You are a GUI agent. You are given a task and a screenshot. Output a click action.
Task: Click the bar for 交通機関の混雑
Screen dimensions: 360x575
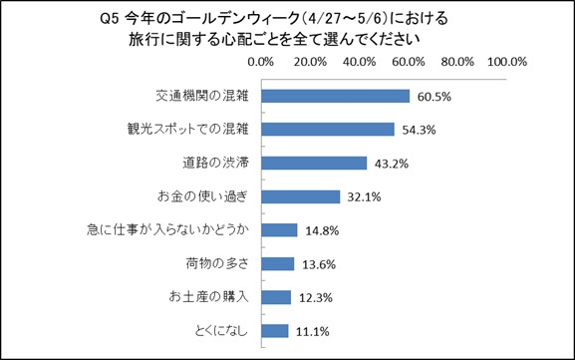pos(336,97)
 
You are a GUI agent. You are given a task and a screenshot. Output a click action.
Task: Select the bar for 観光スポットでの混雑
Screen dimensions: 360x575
pos(328,130)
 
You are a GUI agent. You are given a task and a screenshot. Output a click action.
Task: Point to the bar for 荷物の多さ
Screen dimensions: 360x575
pos(278,264)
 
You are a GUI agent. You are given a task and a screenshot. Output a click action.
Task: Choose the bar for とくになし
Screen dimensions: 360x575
pos(275,331)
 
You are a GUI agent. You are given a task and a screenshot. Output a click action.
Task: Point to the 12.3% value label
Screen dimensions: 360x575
pos(312,298)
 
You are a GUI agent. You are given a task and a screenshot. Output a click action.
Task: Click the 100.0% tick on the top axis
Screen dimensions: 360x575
pos(506,62)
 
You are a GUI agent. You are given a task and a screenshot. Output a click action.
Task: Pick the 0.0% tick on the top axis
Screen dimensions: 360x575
pos(261,62)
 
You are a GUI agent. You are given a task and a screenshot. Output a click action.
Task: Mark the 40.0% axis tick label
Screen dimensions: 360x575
pos(359,62)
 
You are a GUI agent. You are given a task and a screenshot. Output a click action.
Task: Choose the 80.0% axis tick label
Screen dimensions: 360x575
pos(457,62)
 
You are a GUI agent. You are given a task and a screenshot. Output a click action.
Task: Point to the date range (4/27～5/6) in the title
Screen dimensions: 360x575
pos(355,19)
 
